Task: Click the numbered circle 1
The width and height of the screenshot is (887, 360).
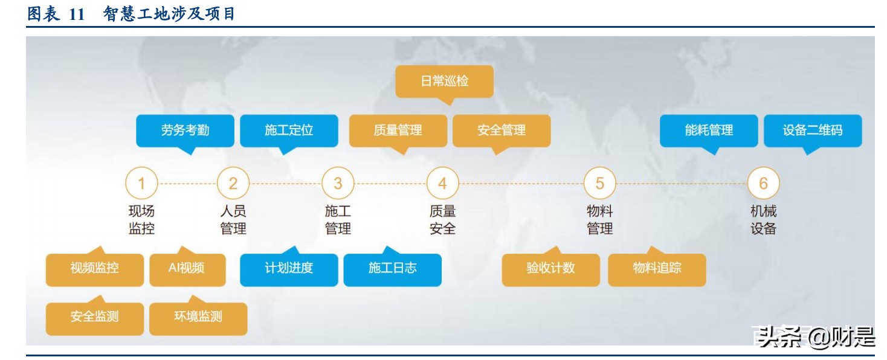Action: (141, 183)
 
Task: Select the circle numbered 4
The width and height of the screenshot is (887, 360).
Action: (442, 183)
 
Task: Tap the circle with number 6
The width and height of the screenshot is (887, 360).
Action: (763, 183)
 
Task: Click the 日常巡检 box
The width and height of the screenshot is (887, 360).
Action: (444, 81)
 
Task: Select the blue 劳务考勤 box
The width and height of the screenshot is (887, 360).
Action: (185, 130)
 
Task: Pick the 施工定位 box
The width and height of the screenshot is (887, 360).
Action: (289, 130)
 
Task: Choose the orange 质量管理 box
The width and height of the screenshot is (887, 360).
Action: (398, 130)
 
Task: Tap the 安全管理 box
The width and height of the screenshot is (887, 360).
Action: (502, 130)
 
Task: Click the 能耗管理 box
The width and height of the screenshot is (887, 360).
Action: (709, 130)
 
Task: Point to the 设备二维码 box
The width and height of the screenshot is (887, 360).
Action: (813, 130)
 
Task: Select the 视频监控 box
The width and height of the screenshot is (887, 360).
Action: (95, 268)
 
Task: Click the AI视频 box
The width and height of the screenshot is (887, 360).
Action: (187, 268)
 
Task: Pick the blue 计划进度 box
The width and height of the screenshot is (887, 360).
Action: (289, 268)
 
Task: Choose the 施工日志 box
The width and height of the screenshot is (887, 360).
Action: (393, 268)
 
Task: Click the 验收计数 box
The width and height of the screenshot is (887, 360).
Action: (550, 268)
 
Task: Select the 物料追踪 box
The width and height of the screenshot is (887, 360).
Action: (657, 268)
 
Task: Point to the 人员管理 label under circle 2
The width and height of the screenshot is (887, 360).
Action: (233, 220)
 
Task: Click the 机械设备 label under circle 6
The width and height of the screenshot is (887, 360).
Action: (763, 220)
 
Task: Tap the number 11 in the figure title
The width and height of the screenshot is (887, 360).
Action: (77, 14)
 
